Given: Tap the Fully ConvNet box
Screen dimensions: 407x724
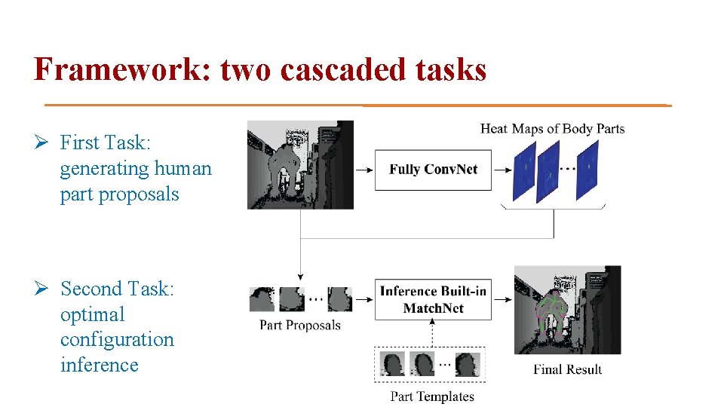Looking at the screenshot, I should (x=433, y=170).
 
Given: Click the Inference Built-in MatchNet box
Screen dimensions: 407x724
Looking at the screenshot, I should (x=433, y=299).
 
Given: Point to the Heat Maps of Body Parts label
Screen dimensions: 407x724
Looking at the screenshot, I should (x=552, y=129).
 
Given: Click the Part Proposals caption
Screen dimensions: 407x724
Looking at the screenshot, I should (x=300, y=326).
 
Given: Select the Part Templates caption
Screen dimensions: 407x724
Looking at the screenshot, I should (x=432, y=396).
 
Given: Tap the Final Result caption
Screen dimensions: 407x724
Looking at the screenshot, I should (x=567, y=369).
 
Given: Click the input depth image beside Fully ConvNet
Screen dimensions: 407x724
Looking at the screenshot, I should (x=300, y=164).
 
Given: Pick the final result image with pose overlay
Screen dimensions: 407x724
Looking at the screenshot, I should (x=567, y=310).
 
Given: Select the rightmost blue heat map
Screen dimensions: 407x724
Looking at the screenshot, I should (x=587, y=171).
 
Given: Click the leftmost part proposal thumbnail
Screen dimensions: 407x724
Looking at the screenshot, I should (x=261, y=299).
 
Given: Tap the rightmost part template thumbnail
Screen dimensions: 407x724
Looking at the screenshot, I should (x=467, y=364).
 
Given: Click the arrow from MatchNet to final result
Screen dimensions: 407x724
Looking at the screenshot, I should (x=502, y=299).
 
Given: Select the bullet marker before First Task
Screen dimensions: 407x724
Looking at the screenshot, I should (x=43, y=143).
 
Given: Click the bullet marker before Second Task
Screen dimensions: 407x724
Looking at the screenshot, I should (x=43, y=289).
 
